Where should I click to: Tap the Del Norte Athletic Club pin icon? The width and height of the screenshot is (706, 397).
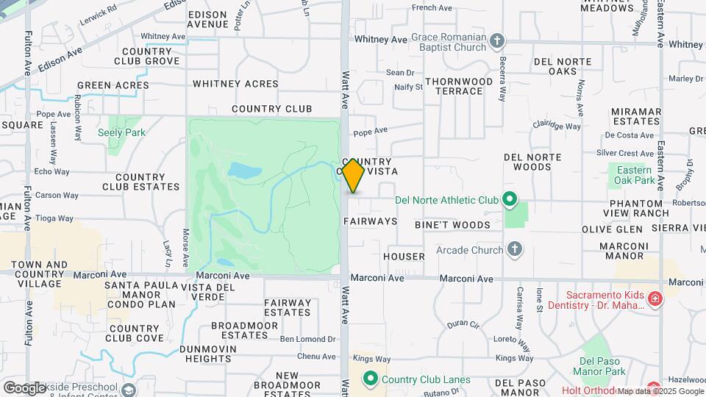508,200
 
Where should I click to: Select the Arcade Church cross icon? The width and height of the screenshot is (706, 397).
515,250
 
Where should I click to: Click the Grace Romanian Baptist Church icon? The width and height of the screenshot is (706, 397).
497,41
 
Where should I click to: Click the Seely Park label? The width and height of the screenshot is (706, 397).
121,133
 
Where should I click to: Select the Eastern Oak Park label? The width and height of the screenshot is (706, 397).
635,175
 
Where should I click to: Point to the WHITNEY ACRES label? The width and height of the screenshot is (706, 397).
235,85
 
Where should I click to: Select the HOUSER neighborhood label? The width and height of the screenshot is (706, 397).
404,257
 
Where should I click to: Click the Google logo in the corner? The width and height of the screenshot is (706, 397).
24,387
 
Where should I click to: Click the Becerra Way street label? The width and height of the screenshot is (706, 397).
502,79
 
